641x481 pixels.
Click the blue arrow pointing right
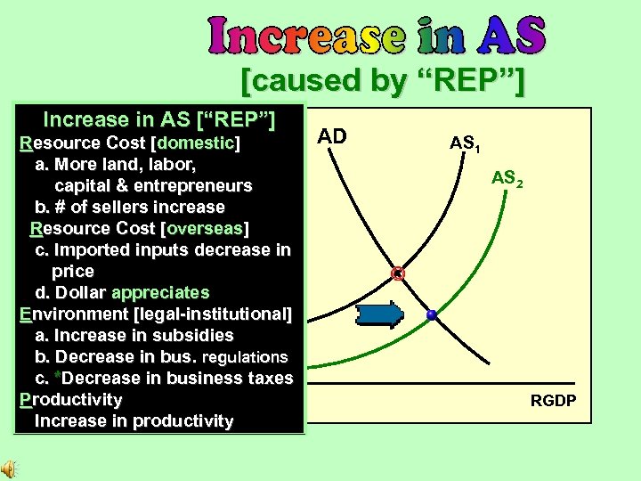click(379, 314)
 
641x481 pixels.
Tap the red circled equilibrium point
click(399, 273)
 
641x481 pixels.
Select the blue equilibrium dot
click(432, 314)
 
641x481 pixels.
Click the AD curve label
click(332, 136)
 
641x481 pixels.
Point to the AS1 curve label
click(464, 143)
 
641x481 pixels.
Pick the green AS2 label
click(507, 179)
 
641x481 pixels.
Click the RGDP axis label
click(553, 402)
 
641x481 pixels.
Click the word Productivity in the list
click(70, 399)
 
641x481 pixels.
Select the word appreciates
click(160, 292)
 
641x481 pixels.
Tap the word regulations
click(245, 356)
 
